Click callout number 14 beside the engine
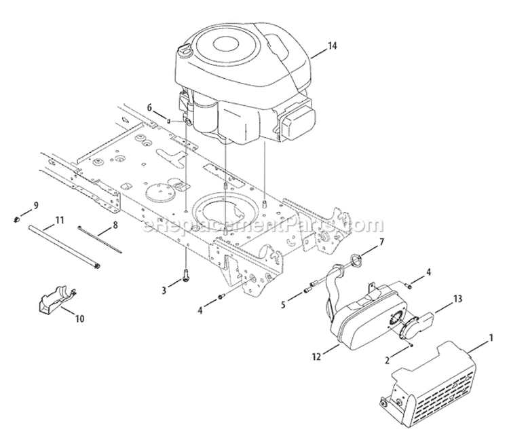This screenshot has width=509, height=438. point(331,45)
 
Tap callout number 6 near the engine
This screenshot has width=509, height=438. point(150,107)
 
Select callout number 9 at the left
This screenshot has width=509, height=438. point(36,205)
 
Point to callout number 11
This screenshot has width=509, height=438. point(59,220)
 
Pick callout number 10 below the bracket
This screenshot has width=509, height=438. point(79,318)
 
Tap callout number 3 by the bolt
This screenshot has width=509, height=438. point(164,290)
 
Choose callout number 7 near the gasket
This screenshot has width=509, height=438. point(381,242)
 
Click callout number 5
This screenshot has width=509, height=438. point(283,305)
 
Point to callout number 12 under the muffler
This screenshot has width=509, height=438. point(316,357)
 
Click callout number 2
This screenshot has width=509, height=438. point(387,361)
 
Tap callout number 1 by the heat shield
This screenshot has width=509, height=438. point(491,338)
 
